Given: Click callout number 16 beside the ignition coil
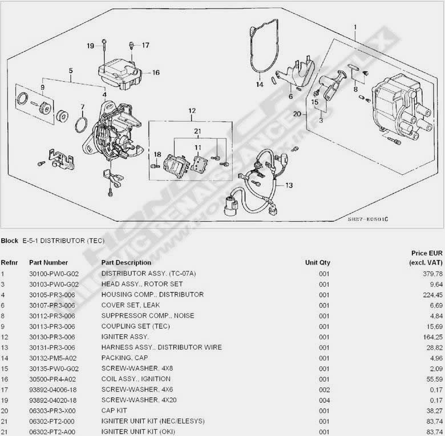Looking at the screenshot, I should pos(156,73).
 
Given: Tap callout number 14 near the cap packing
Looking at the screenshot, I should pos(260,85).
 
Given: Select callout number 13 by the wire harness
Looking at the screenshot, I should pos(289,185).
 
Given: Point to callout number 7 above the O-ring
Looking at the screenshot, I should pos(82,107).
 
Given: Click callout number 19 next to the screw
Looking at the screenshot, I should pos(91,46).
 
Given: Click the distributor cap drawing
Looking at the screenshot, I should pos(396,109).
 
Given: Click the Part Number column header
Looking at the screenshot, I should pos(48,263).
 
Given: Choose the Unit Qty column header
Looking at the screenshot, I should pos(317,263).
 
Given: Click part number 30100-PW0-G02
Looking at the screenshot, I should pos(54,274).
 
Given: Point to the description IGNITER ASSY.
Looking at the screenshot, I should pos(125,337).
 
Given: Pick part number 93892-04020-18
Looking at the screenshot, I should pos(54,400).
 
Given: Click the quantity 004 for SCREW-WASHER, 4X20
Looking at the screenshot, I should pos(324,400).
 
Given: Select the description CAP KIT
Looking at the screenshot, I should pos(114,410).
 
